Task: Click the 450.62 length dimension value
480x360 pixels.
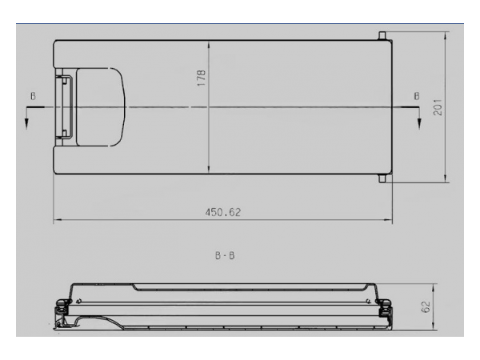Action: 223,212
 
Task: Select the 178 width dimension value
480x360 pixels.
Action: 201,78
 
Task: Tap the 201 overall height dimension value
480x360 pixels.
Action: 438,107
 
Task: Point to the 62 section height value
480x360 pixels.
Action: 426,306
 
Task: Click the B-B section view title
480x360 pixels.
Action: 225,255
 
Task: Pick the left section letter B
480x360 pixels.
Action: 33,96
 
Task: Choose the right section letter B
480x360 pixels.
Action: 417,96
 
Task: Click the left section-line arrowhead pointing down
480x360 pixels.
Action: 26,124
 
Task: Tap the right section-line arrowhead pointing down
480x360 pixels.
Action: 419,124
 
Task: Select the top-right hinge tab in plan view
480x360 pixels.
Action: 382,35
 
